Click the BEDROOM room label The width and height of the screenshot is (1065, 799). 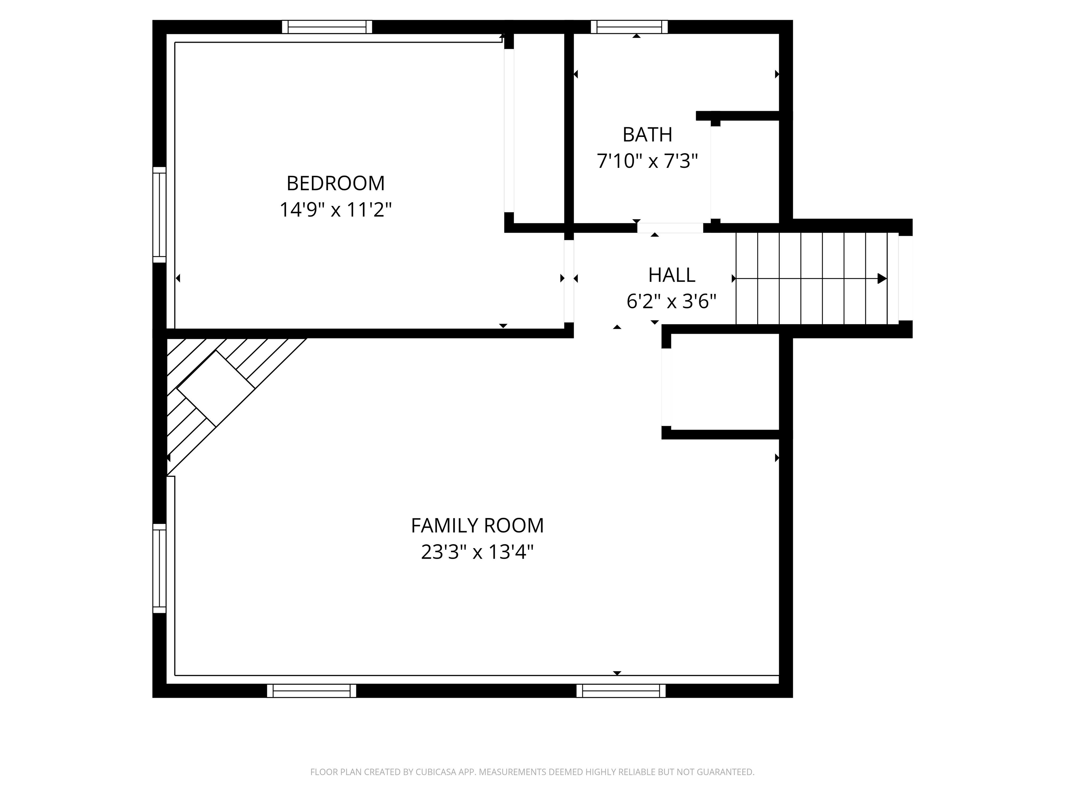336,183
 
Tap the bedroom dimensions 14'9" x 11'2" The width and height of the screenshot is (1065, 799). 336,210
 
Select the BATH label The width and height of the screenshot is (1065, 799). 647,135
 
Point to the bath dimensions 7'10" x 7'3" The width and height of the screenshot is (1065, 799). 647,161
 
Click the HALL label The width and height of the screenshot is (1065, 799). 672,275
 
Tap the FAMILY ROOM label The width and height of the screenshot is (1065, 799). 477,525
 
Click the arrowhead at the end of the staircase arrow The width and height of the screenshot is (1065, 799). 882,278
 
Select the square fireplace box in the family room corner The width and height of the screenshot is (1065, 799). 216,389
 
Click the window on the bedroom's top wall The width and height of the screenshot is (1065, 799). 327,27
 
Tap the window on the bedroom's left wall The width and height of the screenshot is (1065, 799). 159,215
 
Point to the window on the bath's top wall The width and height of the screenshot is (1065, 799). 629,27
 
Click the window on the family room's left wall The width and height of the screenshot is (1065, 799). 159,569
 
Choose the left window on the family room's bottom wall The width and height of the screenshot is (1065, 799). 312,691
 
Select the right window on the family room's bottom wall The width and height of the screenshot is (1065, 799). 621,691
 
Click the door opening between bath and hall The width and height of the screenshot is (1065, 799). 670,228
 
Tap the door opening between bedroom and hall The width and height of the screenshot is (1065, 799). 569,281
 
